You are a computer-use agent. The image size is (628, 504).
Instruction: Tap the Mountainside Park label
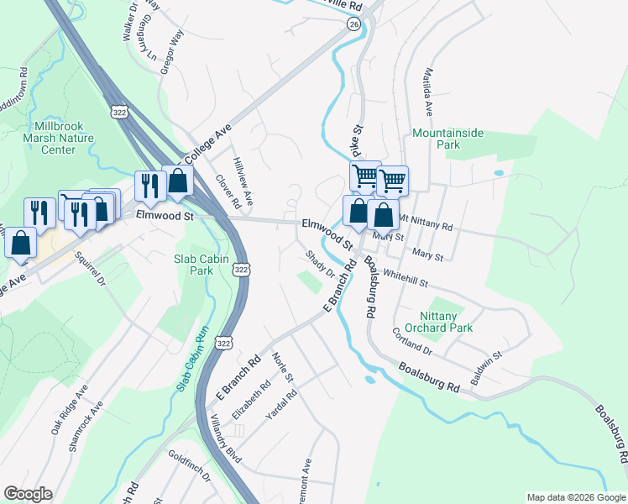click(x=448, y=139)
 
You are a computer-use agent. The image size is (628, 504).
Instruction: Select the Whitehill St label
click(x=405, y=278)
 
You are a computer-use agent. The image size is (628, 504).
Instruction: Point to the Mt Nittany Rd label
click(x=426, y=223)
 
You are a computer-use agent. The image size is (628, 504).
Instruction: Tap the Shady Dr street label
click(x=320, y=263)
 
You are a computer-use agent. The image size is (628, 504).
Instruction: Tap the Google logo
click(x=28, y=494)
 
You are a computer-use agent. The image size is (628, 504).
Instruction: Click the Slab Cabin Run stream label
click(x=191, y=359)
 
